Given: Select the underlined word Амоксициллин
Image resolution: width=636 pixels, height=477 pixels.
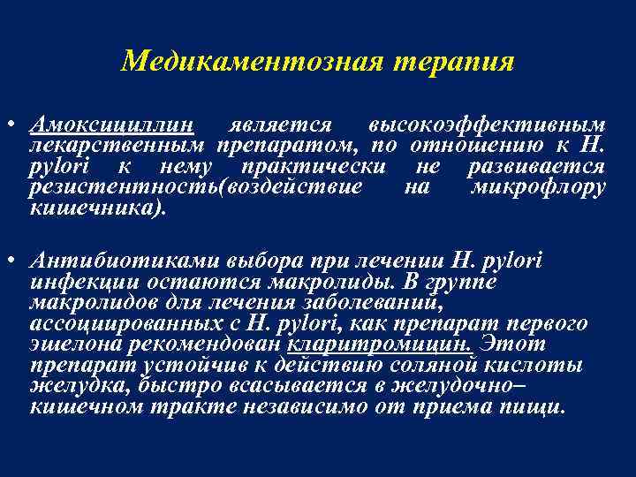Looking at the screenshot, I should point(114,125).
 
